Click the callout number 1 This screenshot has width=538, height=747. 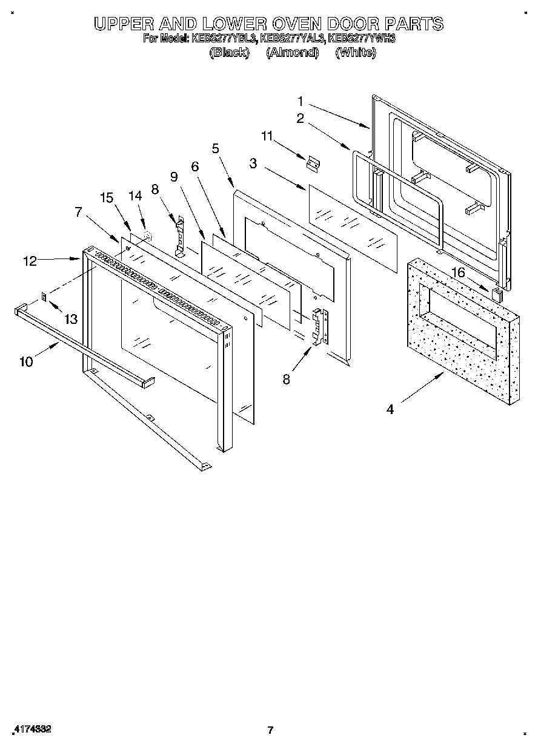tap(301, 101)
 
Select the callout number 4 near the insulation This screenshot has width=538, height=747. tap(390, 410)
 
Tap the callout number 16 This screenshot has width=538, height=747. tap(458, 273)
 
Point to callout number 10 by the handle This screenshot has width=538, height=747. tap(26, 361)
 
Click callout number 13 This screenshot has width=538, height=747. tap(71, 319)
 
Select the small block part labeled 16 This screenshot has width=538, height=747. tap(497, 295)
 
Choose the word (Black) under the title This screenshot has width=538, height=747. tap(229, 53)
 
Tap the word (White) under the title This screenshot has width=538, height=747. tap(356, 53)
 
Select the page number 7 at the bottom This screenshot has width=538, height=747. tap(270, 729)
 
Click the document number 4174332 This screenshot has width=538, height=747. tap(31, 729)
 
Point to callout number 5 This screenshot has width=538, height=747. tap(216, 148)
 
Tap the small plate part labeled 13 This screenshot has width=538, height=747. tap(44, 297)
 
